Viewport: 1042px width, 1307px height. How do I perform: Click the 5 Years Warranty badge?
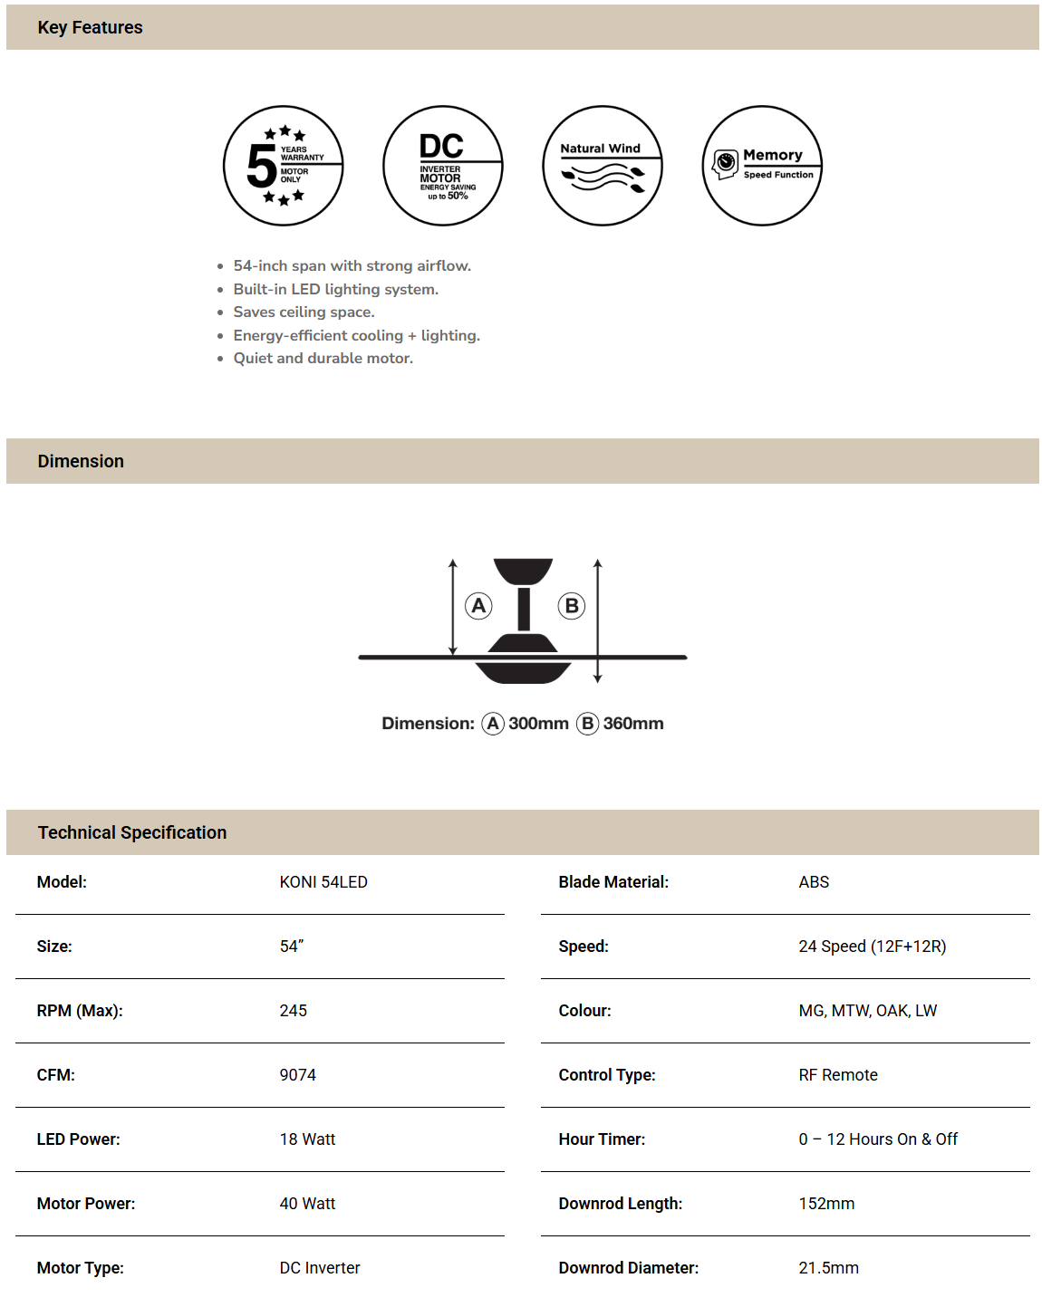click(x=284, y=166)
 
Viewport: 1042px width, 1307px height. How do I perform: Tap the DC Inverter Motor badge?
click(x=443, y=166)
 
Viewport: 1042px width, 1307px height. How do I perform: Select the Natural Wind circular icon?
click(x=603, y=166)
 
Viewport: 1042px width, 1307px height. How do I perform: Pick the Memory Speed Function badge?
click(x=762, y=166)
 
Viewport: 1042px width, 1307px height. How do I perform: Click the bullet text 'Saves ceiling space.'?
click(x=304, y=312)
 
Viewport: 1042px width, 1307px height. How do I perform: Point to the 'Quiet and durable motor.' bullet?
click(x=323, y=358)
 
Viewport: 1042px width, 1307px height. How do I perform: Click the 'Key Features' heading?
click(x=90, y=27)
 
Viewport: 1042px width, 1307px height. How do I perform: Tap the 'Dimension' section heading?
click(x=81, y=461)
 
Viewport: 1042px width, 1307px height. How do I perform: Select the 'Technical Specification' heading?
click(x=132, y=832)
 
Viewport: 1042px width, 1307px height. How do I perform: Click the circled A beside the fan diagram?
click(x=478, y=606)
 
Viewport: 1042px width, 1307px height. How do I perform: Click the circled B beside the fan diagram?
click(x=572, y=606)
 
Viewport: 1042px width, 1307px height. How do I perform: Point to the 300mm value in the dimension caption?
click(x=538, y=724)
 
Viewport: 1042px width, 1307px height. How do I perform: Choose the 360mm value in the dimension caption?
click(x=633, y=724)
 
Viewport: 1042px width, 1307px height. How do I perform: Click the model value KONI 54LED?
click(x=323, y=882)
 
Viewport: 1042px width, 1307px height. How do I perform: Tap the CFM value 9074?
click(x=297, y=1075)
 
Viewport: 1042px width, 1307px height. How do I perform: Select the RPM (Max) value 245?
click(x=293, y=1011)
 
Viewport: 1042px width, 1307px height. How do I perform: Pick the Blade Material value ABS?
click(x=814, y=882)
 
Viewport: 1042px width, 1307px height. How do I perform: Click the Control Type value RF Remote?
click(x=838, y=1075)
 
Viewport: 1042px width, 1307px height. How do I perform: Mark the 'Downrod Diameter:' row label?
click(x=628, y=1268)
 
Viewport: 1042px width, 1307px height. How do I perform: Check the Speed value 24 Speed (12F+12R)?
click(x=872, y=947)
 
